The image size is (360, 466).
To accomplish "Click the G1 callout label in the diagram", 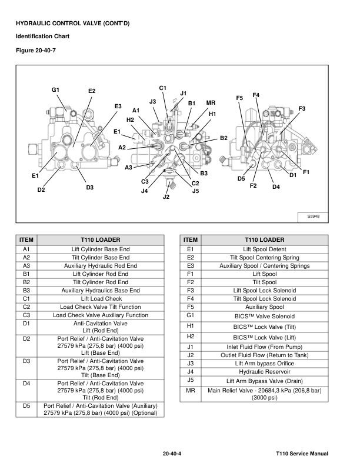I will [x=56, y=89].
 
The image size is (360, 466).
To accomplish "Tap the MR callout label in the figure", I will [x=210, y=103].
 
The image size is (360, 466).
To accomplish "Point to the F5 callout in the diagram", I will [x=239, y=98].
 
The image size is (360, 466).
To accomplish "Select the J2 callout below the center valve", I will [x=166, y=197].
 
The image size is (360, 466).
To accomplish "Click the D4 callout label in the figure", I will [x=276, y=187].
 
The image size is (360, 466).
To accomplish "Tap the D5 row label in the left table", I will [x=26, y=405].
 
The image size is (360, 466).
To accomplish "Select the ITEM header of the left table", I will [x=26, y=240].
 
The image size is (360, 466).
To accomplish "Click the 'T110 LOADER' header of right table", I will [x=264, y=240].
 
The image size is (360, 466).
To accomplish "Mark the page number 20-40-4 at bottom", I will [x=175, y=454].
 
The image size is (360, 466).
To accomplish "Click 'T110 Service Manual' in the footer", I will [x=301, y=454].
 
